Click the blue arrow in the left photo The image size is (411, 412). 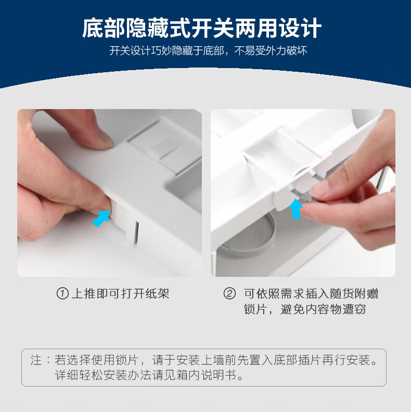(101, 218)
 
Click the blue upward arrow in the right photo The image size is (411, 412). (296, 209)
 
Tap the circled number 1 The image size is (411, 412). (62, 294)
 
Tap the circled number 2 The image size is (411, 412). (229, 294)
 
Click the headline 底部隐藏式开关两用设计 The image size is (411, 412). (202, 28)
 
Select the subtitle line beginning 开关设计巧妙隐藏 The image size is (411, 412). (208, 51)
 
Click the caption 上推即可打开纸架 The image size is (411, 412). (120, 294)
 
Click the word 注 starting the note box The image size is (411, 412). (36, 360)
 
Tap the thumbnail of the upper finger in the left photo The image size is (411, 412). (106, 141)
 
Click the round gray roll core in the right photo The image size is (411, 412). (246, 236)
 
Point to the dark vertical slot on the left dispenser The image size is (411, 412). (136, 233)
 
